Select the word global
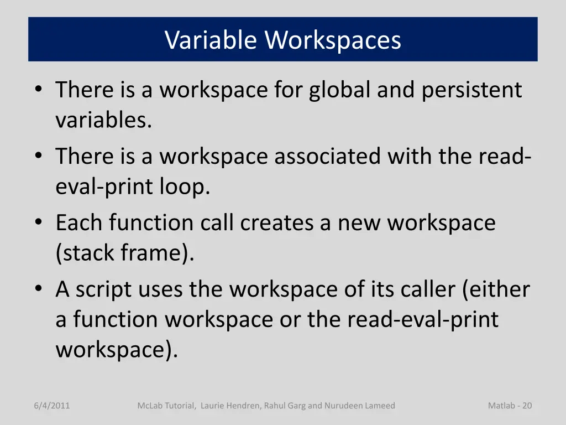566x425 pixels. tap(340, 90)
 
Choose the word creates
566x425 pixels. tap(286, 223)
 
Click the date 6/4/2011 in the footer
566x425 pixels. tap(51, 406)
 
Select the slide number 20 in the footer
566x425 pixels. tap(527, 406)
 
